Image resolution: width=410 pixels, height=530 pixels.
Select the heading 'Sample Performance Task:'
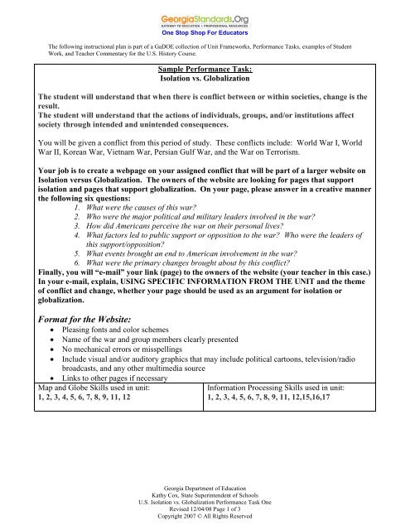click(x=205, y=71)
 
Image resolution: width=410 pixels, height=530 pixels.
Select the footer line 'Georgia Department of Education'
click(x=205, y=480)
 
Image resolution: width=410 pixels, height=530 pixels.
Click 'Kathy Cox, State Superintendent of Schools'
click(x=205, y=489)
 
